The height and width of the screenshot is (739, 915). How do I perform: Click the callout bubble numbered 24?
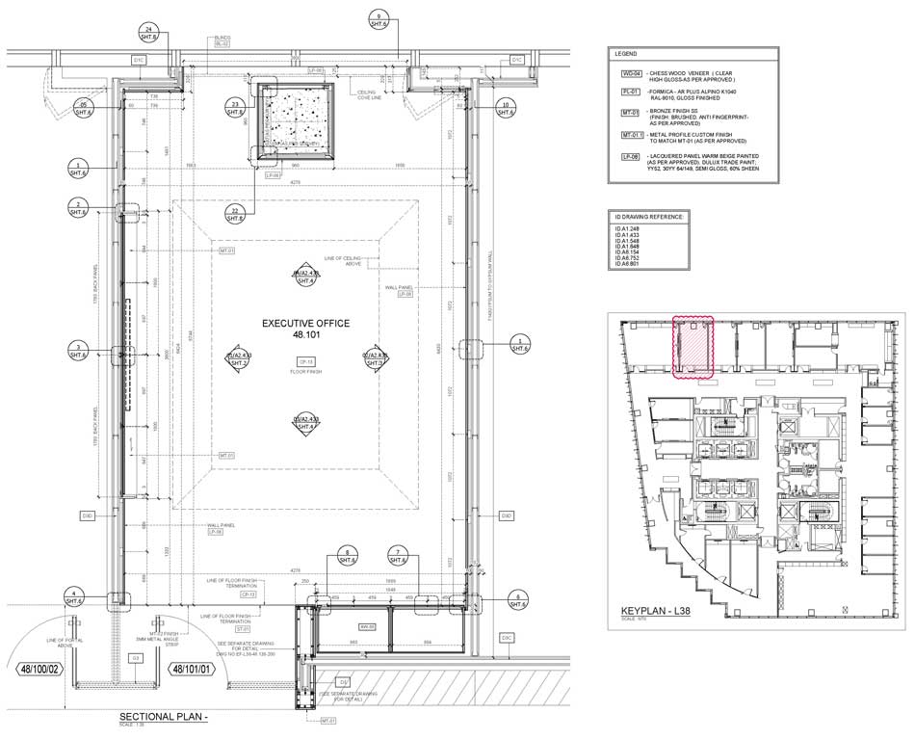pyautogui.click(x=148, y=33)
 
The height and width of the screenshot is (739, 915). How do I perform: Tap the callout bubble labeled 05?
pyautogui.click(x=84, y=108)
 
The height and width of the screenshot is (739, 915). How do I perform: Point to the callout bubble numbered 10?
pyautogui.click(x=505, y=108)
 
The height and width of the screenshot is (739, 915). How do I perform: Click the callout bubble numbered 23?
pyautogui.click(x=234, y=108)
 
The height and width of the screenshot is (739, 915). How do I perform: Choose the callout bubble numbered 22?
pyautogui.click(x=234, y=214)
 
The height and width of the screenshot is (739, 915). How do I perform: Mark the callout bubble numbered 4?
pyautogui.click(x=71, y=595)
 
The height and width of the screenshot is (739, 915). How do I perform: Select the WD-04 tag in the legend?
pyautogui.click(x=630, y=73)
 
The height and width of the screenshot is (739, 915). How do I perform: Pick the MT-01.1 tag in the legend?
pyautogui.click(x=632, y=136)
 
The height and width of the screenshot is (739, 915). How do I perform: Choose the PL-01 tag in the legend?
pyautogui.click(x=630, y=92)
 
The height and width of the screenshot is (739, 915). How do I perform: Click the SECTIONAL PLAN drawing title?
pyautogui.click(x=164, y=718)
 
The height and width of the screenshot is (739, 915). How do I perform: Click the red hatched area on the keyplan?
pyautogui.click(x=693, y=347)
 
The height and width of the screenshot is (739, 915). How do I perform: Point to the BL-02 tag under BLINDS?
pyautogui.click(x=222, y=44)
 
